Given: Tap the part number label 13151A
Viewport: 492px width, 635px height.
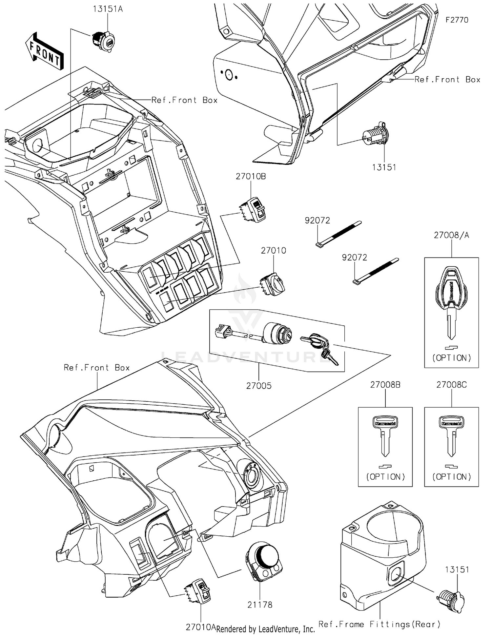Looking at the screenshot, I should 108,9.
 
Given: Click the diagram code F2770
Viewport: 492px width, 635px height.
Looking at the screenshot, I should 457,20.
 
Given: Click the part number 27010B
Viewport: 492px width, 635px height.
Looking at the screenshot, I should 251,176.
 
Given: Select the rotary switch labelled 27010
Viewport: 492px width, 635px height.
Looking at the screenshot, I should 273,284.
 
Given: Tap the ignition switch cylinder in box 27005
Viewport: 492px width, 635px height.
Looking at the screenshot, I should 278,333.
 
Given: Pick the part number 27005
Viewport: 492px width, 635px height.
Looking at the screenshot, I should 259,386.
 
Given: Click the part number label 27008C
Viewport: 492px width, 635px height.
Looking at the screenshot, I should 451,385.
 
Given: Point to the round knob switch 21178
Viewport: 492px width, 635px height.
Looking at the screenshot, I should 264,561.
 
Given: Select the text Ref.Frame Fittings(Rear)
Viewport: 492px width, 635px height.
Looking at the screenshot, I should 379,624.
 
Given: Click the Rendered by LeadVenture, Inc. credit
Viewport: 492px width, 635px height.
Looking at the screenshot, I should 265,629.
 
